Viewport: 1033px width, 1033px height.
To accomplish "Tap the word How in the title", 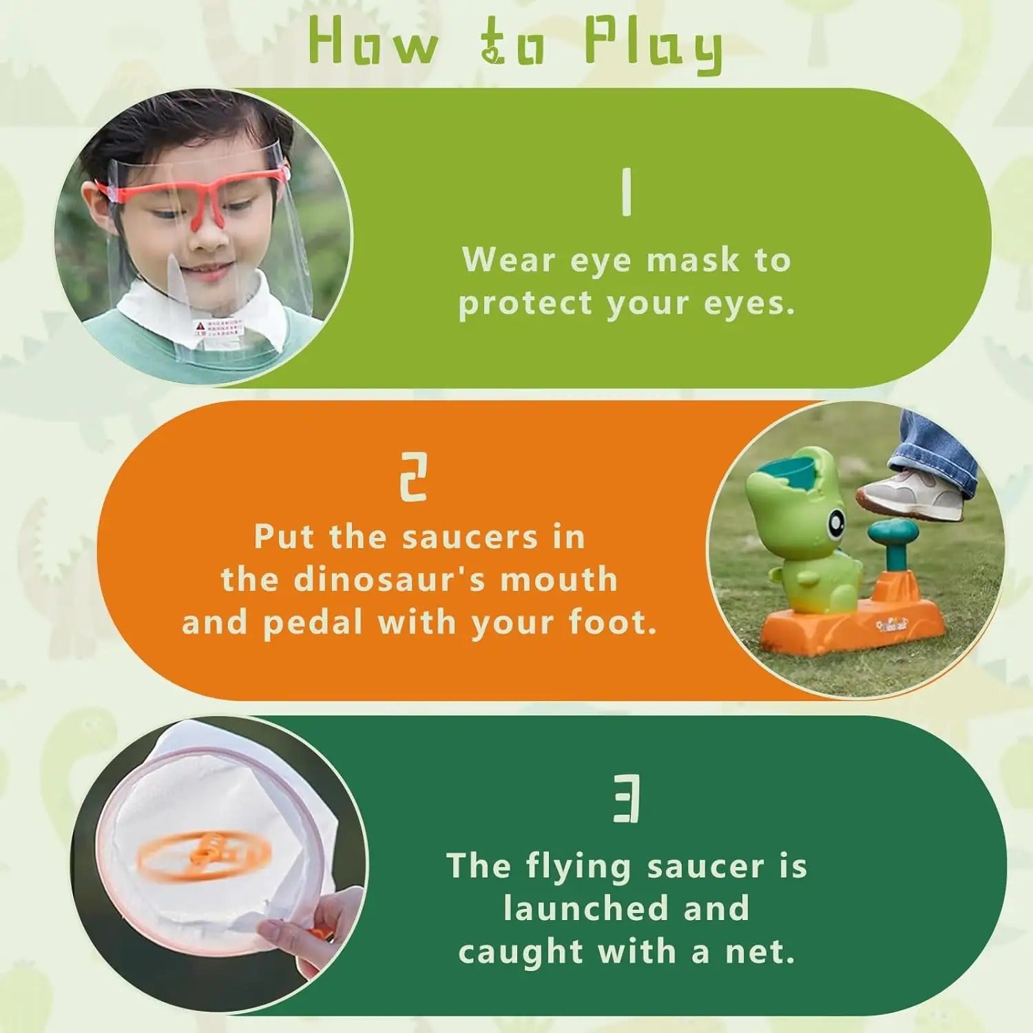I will (373, 43).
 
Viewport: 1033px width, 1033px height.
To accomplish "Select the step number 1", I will (626, 194).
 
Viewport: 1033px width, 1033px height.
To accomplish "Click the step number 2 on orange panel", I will (414, 477).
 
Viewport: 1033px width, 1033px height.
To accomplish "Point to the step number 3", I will (627, 798).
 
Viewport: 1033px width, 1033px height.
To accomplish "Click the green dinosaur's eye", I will (835, 524).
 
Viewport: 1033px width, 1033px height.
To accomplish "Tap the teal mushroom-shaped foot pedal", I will (894, 534).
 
